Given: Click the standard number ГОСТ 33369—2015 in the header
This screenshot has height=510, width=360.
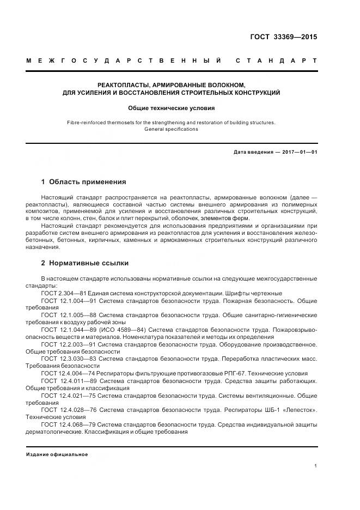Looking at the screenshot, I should [283, 38].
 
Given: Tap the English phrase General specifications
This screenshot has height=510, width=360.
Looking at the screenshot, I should [171, 129].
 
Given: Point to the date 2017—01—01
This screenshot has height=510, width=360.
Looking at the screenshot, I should [298, 152].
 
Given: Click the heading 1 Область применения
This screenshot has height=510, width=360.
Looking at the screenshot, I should [83, 181].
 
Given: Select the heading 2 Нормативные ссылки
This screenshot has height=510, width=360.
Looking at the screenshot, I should [85, 263].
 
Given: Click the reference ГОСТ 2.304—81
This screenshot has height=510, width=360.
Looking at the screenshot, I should [62, 293].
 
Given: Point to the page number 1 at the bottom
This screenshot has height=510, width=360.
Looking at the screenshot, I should [315, 465].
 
